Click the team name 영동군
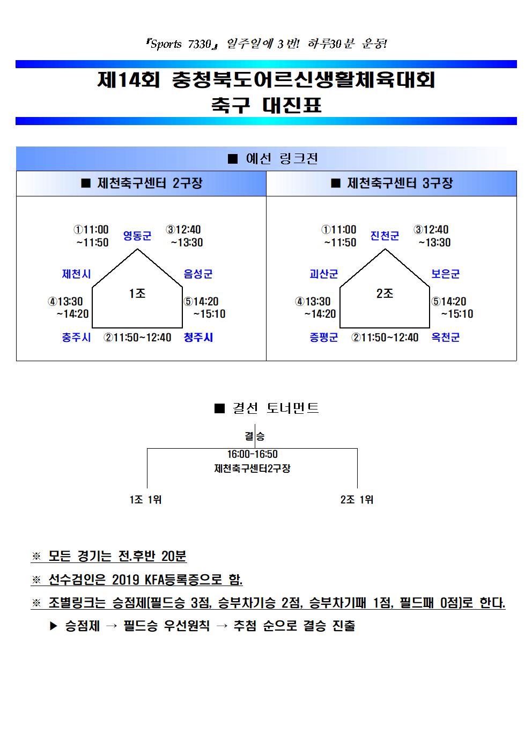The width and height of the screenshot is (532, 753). tap(137, 236)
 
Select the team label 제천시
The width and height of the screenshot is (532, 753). tap(76, 274)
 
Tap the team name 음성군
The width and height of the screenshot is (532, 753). tap(198, 274)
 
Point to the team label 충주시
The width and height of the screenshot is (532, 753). tap(76, 337)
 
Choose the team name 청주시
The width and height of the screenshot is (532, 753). tap(198, 337)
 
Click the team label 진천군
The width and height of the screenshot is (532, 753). tap(385, 236)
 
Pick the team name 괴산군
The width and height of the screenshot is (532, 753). tap(324, 274)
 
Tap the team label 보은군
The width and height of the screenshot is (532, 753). tap(445, 274)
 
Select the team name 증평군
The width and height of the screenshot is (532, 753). tap(324, 337)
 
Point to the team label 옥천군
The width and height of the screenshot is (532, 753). tap(445, 337)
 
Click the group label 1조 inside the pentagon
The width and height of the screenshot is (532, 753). tap(137, 294)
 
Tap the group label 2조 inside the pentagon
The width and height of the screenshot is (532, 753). tap(385, 294)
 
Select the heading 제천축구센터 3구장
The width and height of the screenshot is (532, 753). tap(400, 183)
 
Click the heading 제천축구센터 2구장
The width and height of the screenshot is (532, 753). tap(150, 183)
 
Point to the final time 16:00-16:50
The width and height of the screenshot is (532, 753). tap(252, 454)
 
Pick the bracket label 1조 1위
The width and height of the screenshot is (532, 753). tap(145, 500)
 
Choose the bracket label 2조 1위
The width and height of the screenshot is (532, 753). tap(357, 500)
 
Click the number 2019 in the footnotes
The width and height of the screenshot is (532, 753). tap(125, 579)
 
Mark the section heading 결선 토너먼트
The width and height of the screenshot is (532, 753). tap(276, 408)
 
